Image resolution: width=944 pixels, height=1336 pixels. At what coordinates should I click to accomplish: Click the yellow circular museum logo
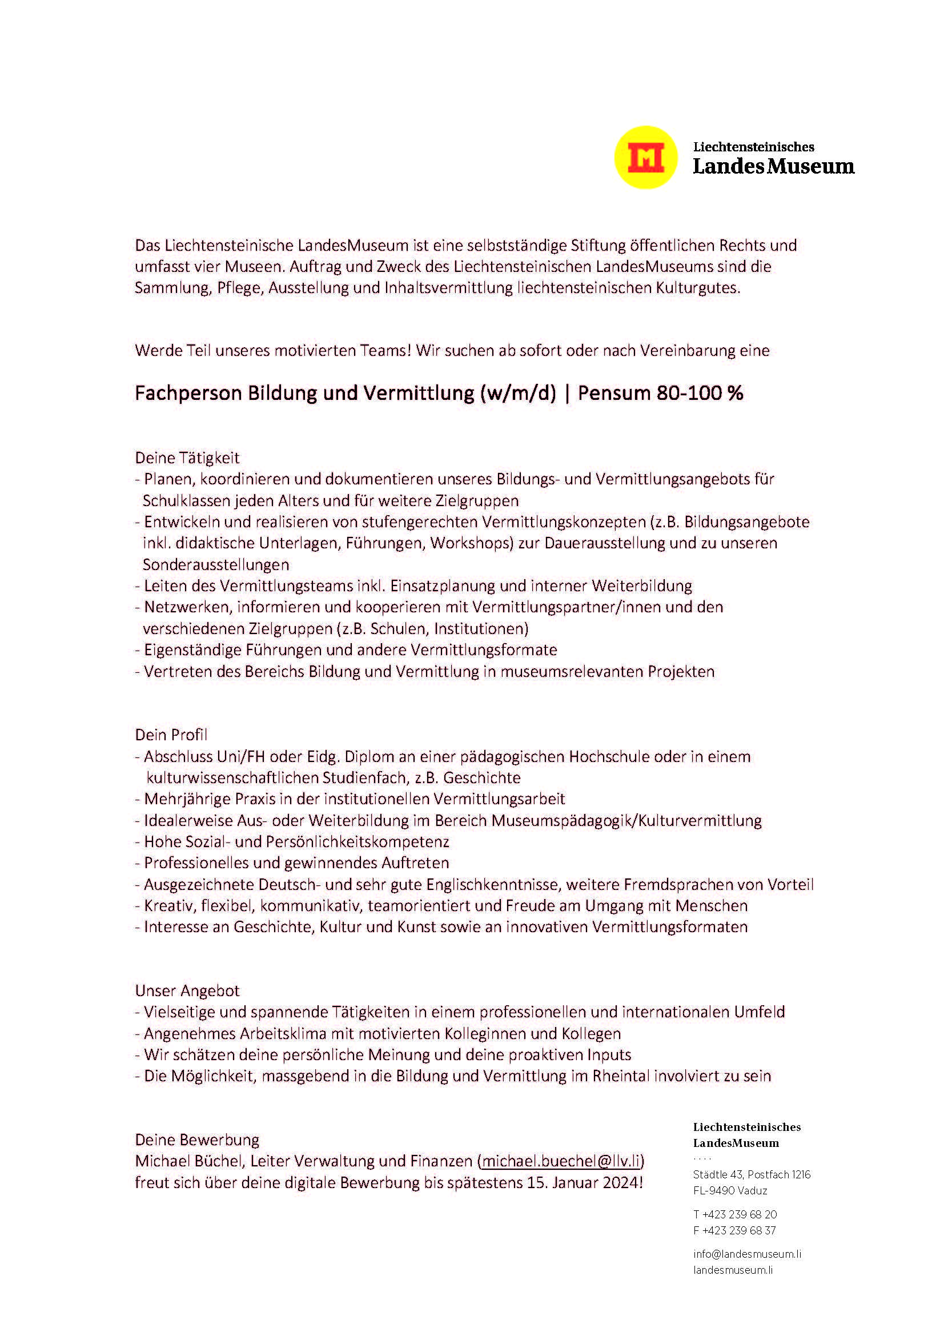click(646, 157)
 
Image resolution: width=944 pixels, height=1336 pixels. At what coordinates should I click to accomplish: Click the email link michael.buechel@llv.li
click(561, 1161)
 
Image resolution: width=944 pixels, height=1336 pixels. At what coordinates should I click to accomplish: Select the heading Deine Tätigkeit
click(187, 458)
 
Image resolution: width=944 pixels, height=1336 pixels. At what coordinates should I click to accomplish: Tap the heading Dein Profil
click(171, 735)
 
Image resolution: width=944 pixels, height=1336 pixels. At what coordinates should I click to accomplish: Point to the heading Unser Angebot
click(187, 990)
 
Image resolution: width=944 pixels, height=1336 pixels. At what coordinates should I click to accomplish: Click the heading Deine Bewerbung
click(197, 1140)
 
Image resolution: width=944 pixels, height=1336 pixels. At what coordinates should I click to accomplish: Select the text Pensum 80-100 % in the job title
click(660, 394)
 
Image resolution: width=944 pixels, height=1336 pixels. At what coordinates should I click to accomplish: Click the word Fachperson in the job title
click(188, 394)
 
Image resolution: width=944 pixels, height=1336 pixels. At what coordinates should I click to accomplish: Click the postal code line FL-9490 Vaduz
click(730, 1190)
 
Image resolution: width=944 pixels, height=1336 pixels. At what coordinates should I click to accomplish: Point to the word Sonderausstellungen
click(216, 564)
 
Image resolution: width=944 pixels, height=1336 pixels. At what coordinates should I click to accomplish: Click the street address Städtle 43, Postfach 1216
click(752, 1174)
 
